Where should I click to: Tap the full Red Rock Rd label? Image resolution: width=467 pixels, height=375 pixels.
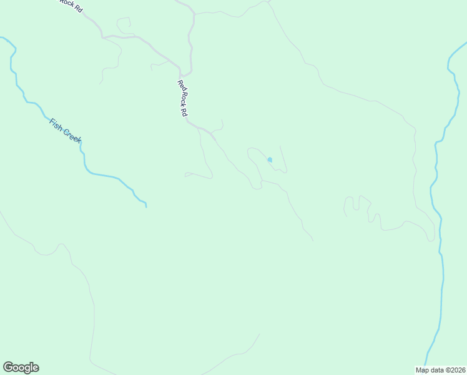(182, 99)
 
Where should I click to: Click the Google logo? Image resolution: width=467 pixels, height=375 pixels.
(21, 367)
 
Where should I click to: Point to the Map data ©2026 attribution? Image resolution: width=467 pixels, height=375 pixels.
(440, 370)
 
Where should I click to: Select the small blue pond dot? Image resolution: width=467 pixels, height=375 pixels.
(270, 159)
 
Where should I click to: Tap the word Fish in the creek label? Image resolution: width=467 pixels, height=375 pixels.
(56, 122)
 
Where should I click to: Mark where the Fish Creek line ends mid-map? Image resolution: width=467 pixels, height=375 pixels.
(146, 206)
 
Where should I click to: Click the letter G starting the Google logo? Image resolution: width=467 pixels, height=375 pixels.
(8, 367)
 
